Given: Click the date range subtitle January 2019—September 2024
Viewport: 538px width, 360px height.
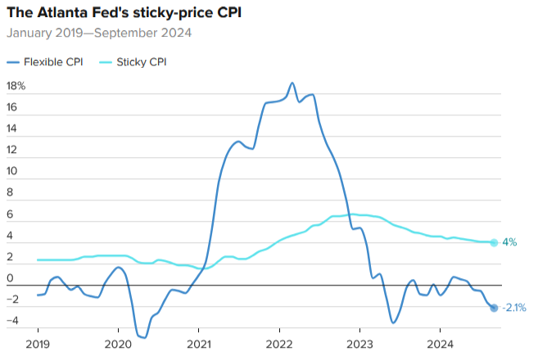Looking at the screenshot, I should pyautogui.click(x=99, y=34).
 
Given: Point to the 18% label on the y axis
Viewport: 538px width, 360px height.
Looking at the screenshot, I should pyautogui.click(x=16, y=86).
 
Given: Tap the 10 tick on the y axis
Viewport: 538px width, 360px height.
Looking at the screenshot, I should pyautogui.click(x=11, y=171).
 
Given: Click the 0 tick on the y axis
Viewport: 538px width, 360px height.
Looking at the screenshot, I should pyautogui.click(x=10, y=278).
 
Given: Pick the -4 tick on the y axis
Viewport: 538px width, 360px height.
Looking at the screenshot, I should pyautogui.click(x=11, y=321).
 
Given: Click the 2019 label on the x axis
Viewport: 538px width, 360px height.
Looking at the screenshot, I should pyautogui.click(x=38, y=344).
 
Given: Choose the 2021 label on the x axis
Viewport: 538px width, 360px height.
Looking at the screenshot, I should pyautogui.click(x=200, y=344).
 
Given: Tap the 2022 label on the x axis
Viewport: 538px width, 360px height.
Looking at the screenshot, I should pyautogui.click(x=280, y=344).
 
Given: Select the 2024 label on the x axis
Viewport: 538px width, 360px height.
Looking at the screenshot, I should pyautogui.click(x=441, y=344).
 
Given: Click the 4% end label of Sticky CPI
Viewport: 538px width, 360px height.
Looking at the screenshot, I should pyautogui.click(x=509, y=242).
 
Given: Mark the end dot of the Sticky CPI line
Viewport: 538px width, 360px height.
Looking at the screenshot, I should pyautogui.click(x=494, y=242).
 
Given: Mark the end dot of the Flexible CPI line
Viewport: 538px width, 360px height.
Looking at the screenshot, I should pyautogui.click(x=494, y=308).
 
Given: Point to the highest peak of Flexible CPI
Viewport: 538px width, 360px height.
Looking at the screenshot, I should pyautogui.click(x=292, y=83).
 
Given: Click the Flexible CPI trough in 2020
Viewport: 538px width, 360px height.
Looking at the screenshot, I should pyautogui.click(x=144, y=337).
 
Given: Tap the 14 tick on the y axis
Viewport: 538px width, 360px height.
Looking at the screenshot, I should pyautogui.click(x=11, y=128).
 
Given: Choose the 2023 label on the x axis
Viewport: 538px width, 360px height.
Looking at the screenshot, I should pyautogui.click(x=360, y=344).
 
